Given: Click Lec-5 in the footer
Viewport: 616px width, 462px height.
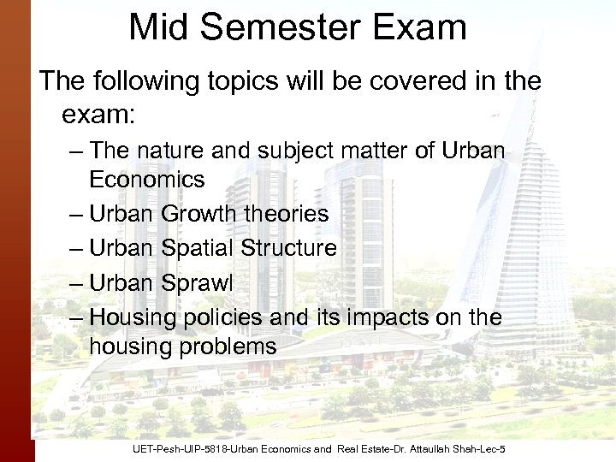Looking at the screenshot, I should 491,449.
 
